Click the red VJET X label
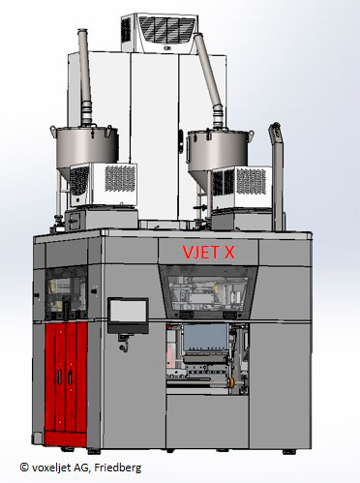[x=208, y=252]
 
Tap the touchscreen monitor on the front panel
[x=128, y=315]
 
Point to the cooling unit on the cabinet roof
[x=161, y=33]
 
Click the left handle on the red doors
[x=59, y=377]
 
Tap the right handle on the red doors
[x=70, y=377]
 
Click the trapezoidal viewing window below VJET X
[x=208, y=292]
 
